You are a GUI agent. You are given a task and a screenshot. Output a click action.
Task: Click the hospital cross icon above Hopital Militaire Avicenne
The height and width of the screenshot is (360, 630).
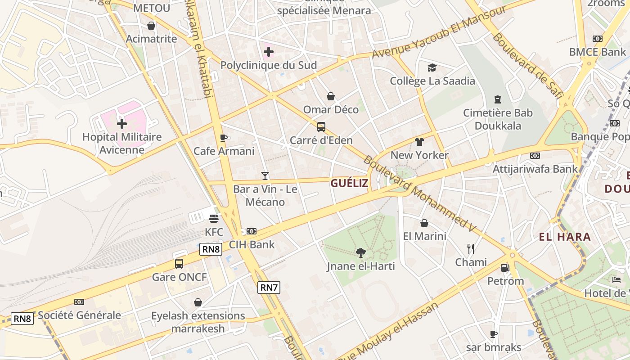121,123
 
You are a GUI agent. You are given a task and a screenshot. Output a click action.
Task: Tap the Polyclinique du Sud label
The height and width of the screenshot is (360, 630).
268,65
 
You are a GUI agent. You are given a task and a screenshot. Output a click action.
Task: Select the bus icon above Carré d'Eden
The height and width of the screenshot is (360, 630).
321,127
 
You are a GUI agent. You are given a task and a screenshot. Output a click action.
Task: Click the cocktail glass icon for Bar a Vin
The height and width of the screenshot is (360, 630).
265,175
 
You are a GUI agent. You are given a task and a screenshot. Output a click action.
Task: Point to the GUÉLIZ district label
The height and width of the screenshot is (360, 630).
349,183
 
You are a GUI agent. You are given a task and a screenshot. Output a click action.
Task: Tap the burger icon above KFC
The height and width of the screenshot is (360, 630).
214,219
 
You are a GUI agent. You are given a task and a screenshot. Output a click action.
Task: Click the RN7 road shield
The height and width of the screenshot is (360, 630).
269,287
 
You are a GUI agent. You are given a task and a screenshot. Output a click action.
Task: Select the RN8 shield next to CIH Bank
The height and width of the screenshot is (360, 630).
211,249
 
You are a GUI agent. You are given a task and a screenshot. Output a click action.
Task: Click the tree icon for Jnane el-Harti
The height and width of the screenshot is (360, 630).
360,252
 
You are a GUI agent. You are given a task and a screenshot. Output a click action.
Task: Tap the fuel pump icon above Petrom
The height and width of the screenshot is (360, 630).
505,268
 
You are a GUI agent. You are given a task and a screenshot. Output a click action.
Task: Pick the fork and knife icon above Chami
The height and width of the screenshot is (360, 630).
471,248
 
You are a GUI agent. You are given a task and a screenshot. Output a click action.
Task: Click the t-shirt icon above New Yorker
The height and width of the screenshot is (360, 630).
419,142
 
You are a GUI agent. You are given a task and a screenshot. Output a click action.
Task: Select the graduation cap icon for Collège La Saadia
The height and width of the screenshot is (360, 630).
432,67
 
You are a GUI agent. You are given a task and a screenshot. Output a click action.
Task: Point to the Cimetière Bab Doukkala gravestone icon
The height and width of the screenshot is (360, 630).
498,99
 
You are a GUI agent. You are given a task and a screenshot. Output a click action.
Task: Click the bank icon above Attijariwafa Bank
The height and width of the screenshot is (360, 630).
535,156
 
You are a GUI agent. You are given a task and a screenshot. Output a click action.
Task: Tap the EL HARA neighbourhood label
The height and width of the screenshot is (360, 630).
565,237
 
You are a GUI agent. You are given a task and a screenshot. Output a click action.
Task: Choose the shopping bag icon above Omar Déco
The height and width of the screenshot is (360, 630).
331,96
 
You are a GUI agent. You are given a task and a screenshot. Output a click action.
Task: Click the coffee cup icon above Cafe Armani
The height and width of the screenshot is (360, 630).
223,138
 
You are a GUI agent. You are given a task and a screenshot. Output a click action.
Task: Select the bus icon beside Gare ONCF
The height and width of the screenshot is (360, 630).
179,264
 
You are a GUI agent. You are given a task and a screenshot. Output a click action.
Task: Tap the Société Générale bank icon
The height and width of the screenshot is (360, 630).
79,302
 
